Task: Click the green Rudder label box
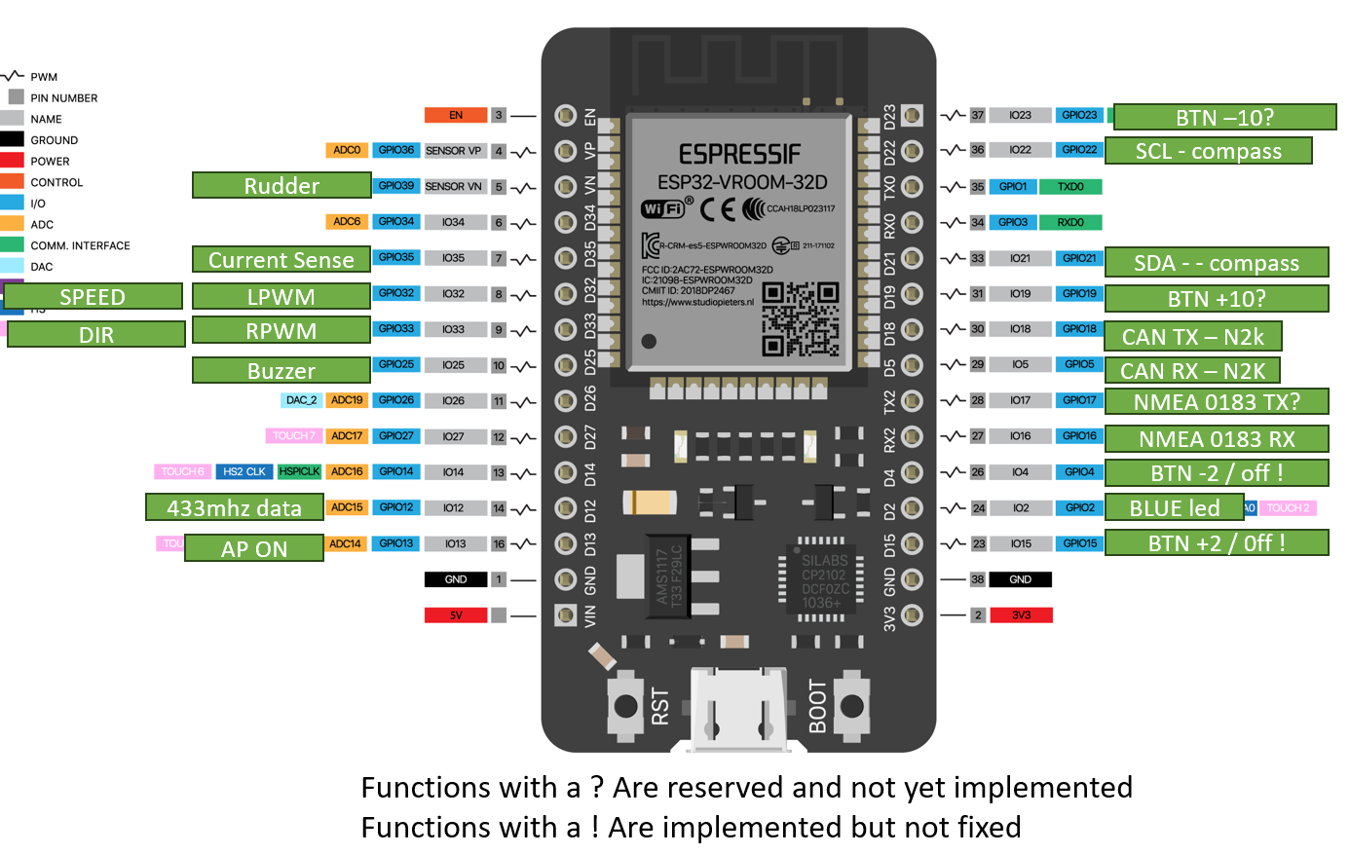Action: click(281, 186)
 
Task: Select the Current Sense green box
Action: click(281, 260)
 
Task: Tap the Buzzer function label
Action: click(281, 371)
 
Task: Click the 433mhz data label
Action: click(234, 507)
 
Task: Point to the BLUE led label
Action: click(1174, 508)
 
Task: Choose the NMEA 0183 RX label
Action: click(1217, 439)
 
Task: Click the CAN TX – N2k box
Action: click(1192, 337)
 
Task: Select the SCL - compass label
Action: click(1208, 151)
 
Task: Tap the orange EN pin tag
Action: click(455, 115)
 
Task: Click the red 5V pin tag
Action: click(455, 615)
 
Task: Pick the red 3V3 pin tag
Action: click(1021, 615)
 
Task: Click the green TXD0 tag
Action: click(1070, 187)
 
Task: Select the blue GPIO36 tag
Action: click(396, 150)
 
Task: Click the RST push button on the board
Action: click(625, 707)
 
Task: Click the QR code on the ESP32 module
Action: click(800, 319)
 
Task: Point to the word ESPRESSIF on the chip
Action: click(739, 155)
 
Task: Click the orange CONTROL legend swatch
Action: click(12, 181)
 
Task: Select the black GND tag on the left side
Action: click(455, 579)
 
